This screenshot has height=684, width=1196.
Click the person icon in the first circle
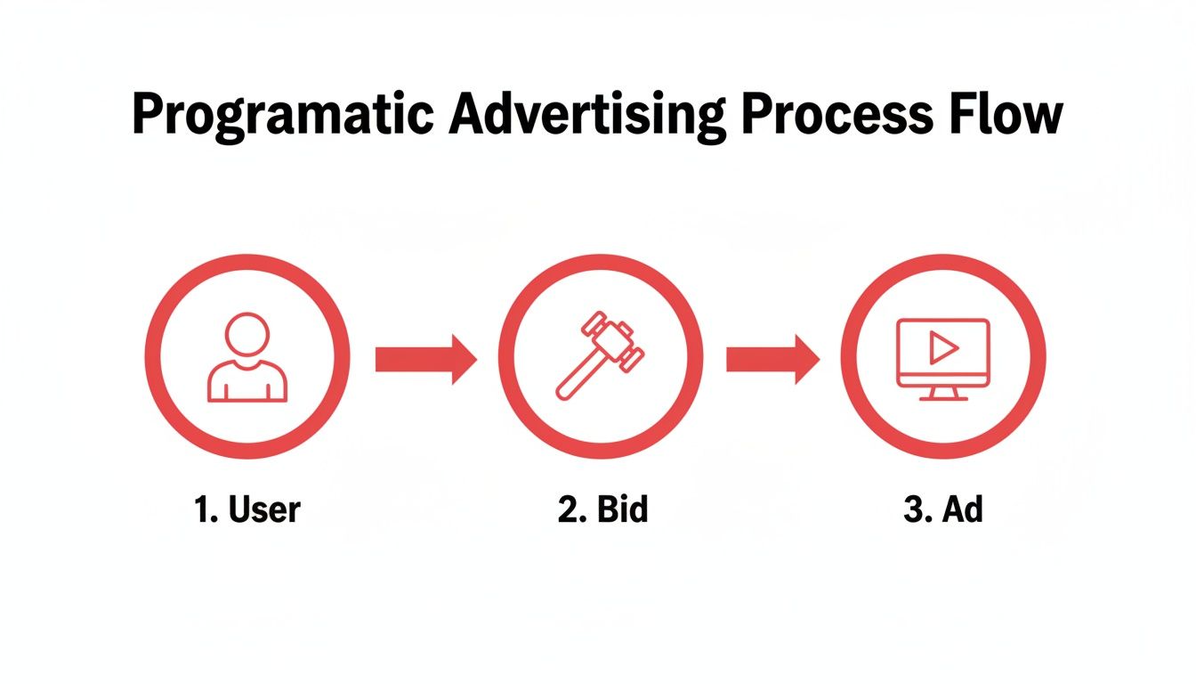[x=246, y=357]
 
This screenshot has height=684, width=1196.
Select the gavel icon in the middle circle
[x=599, y=354]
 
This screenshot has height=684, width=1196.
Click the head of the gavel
[x=615, y=338]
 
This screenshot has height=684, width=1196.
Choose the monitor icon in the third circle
[x=943, y=358]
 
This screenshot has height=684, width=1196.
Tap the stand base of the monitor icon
[x=943, y=397]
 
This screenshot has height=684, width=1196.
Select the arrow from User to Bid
[x=425, y=359]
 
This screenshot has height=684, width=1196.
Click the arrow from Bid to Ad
[x=772, y=359]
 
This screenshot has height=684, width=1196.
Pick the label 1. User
[x=246, y=510]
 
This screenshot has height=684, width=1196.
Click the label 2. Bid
[x=602, y=510]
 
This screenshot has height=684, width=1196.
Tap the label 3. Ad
[x=943, y=510]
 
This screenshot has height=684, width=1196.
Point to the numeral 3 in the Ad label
[x=912, y=510]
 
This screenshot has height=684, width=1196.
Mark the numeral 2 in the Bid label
[x=568, y=510]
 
